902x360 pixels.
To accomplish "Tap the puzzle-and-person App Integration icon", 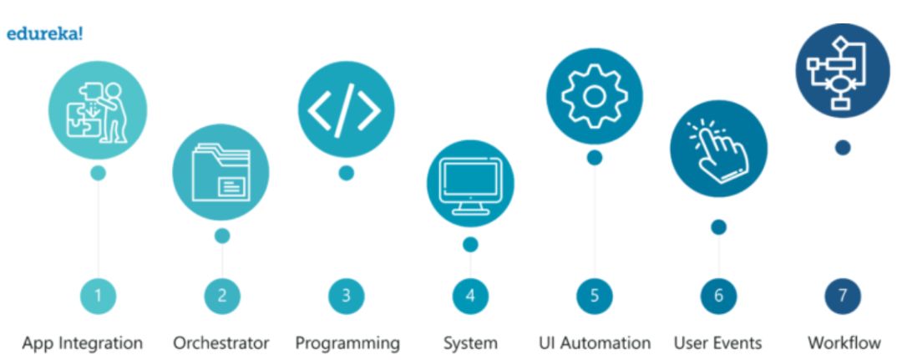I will [x=98, y=110].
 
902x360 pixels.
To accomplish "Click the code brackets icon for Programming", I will [x=346, y=110].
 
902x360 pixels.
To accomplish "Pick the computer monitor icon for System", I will [x=470, y=183].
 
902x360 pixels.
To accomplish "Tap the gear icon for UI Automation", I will [x=594, y=95].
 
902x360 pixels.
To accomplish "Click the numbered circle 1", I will [x=98, y=295].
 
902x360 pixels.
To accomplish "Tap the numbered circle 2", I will [x=221, y=295].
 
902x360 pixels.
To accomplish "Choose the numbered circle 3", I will [x=346, y=295].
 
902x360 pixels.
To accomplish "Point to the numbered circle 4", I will [x=470, y=295].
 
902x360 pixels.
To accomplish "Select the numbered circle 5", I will [x=594, y=295].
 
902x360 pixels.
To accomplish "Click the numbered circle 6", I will [x=718, y=295].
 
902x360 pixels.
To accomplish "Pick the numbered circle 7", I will [x=842, y=295].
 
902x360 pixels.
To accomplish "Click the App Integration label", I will [x=83, y=343].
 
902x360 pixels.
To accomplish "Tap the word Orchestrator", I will [x=221, y=343].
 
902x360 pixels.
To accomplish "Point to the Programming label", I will [x=347, y=343].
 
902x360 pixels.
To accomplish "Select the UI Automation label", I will [x=595, y=343].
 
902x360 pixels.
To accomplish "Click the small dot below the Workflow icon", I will [x=843, y=148].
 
